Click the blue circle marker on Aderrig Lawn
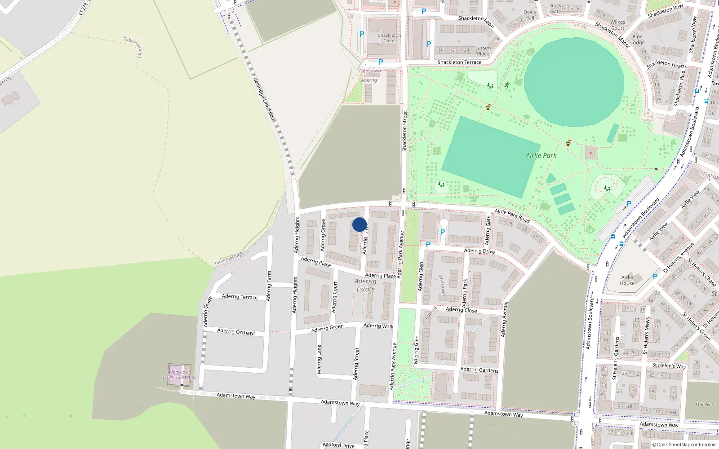tap(359, 224)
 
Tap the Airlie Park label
tap(541, 155)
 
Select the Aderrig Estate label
tap(365, 285)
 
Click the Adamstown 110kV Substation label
tap(180, 374)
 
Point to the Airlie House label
tap(627, 280)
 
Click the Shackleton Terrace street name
tap(459, 62)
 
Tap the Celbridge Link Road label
tap(264, 99)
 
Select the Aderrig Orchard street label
tap(236, 332)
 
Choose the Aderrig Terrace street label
tap(240, 297)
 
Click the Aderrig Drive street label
tap(479, 251)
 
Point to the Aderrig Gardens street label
tap(479, 370)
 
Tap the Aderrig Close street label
tap(461, 310)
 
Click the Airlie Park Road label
tap(512, 216)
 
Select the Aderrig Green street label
tap(327, 329)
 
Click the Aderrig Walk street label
tap(378, 326)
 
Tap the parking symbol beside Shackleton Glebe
tap(362, 34)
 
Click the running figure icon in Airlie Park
tap(507, 85)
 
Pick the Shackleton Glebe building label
tap(389, 38)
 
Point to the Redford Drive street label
tap(338, 445)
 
